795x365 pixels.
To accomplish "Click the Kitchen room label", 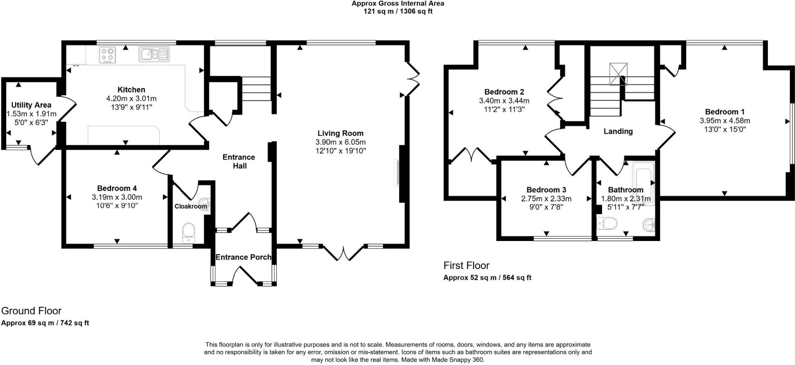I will (x=131, y=90).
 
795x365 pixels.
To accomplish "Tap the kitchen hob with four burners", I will (x=108, y=54).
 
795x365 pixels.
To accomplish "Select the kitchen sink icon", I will (x=154, y=54).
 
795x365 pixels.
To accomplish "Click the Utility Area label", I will (x=31, y=105).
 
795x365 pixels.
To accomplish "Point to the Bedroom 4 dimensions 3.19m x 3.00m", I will (x=117, y=197).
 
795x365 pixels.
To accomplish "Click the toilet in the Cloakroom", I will (x=189, y=231).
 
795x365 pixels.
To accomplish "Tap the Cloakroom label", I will (x=191, y=206).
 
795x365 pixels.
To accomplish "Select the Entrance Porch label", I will (x=243, y=257).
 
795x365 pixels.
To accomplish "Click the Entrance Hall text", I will (x=239, y=161).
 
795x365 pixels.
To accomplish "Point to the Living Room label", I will (x=340, y=133).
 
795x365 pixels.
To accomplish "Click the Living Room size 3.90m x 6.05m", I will (x=340, y=142).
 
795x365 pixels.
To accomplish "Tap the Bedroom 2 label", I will (x=504, y=92).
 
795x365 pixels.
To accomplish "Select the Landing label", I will (x=618, y=131).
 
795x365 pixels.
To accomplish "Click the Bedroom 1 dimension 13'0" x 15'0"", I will (x=725, y=129).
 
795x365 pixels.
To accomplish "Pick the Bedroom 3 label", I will (x=546, y=190).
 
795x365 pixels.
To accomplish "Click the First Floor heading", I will (x=466, y=265).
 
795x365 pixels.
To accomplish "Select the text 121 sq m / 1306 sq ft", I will (x=397, y=11).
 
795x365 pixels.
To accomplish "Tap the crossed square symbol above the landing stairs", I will (x=618, y=74).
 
